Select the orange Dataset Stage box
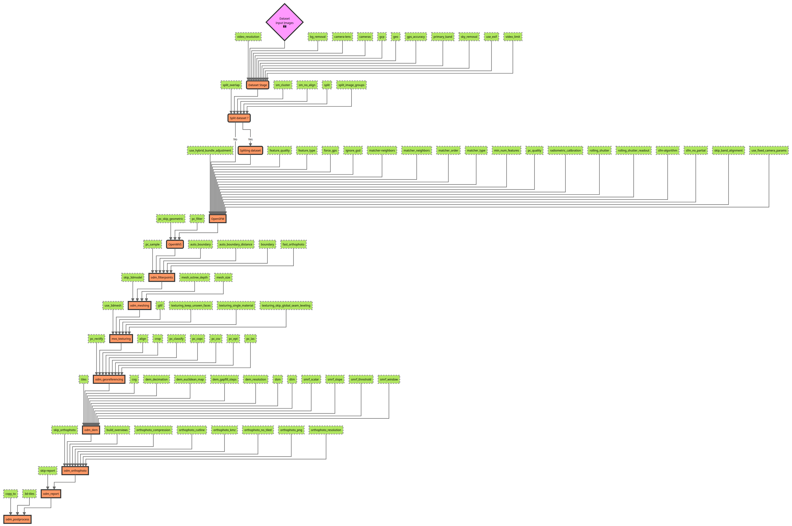257,85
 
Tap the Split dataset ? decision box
239,118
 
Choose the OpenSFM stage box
218,219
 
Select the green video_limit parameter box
513,37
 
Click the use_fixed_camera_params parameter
768,150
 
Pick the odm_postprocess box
18,519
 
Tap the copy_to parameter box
10,494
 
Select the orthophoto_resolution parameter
326,430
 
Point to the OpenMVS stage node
175,244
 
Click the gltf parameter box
160,305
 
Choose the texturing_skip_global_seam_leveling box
286,305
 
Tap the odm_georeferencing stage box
109,379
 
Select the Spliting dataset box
250,150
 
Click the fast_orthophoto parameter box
293,244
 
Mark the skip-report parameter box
48,471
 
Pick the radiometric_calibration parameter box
565,150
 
